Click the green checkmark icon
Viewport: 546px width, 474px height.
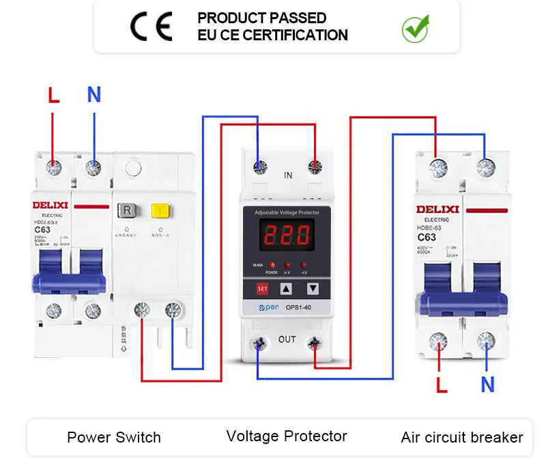click(x=414, y=28)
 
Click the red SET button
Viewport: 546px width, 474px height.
click(x=262, y=289)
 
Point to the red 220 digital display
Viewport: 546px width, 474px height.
click(x=287, y=238)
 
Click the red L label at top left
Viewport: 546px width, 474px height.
click(x=54, y=95)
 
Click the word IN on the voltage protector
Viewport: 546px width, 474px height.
click(x=288, y=176)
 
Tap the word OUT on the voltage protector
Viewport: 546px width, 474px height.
click(x=287, y=339)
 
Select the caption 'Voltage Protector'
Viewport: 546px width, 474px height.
click(x=287, y=436)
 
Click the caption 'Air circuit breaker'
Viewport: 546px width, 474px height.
click(x=462, y=437)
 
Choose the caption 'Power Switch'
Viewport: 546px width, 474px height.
click(x=114, y=437)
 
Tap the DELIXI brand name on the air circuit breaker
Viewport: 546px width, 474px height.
click(x=437, y=209)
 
